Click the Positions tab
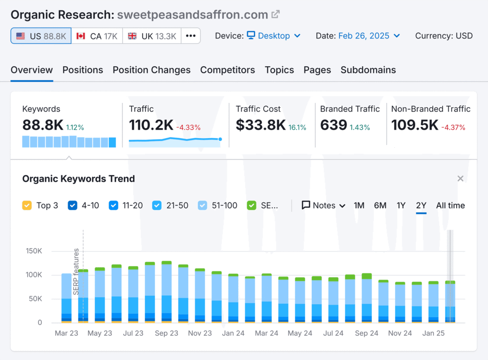pos(82,70)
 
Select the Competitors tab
pos(227,70)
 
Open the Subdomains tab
pos(368,70)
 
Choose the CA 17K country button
pos(97,36)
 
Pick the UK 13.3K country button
pos(152,36)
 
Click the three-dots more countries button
pos(191,36)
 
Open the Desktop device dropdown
pos(274,36)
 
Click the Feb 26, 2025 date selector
pos(369,36)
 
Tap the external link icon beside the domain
pos(275,15)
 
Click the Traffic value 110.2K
pos(151,125)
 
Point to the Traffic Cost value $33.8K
pos(261,125)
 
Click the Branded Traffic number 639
pos(333,125)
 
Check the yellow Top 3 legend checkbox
pos(27,206)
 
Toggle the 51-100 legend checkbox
pos(203,206)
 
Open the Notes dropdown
pos(324,206)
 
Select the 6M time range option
pos(380,206)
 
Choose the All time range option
pos(450,206)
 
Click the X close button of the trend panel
pos(460,179)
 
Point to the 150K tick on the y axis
pos(33,251)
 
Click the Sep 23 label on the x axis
pos(166,333)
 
